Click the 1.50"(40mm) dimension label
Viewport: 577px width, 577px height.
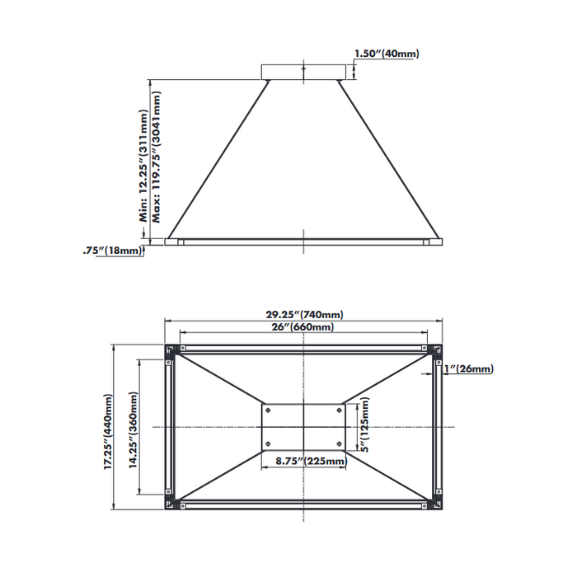386,54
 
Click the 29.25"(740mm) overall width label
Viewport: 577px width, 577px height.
304,314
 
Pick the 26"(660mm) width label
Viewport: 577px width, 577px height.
303,327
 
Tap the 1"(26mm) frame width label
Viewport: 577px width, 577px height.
468,369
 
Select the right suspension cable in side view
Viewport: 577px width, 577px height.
387,156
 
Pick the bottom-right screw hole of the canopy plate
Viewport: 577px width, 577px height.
340,444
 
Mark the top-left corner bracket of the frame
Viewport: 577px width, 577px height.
170,351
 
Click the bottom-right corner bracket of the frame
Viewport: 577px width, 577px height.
438,503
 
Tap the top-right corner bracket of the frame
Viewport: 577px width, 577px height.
438,351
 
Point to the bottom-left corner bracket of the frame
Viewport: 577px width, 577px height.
170,503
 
